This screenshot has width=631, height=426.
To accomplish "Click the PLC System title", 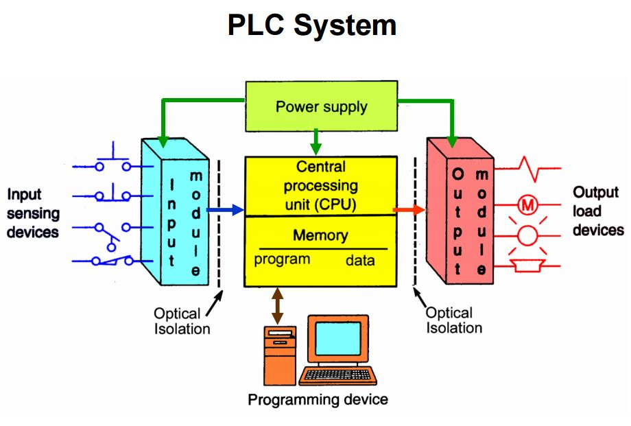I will tap(312, 25).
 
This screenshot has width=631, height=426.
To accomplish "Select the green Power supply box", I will tap(321, 107).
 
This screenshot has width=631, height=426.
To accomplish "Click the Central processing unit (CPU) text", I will tap(321, 185).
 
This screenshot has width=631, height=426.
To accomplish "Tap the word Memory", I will tap(320, 235).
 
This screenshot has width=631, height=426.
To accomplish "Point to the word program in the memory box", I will tap(282, 259).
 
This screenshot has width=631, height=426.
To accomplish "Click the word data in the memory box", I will tap(360, 261).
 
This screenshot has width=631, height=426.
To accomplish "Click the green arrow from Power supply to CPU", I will tap(315, 143).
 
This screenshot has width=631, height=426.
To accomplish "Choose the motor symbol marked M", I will tap(527, 204).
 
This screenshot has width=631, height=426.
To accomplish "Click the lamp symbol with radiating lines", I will tap(527, 235).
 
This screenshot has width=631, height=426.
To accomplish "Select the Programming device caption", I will tap(318, 399).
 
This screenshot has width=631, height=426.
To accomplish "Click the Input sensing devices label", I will tap(33, 213).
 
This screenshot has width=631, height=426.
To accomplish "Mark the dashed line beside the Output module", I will tap(415, 220).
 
